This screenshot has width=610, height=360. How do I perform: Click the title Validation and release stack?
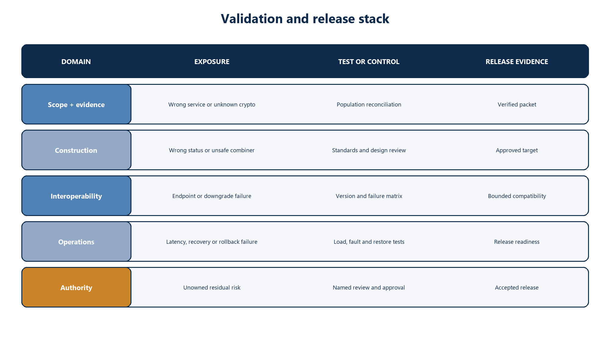click(x=305, y=19)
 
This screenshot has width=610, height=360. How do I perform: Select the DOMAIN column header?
click(x=76, y=62)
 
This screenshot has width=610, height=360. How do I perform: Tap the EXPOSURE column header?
click(x=212, y=62)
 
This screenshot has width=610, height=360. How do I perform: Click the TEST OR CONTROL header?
click(x=369, y=62)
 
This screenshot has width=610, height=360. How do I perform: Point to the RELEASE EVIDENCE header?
click(x=517, y=62)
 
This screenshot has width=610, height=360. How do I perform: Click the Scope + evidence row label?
click(x=76, y=104)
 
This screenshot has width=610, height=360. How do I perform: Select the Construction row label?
click(x=76, y=150)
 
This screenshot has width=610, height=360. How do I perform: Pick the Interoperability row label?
click(x=76, y=196)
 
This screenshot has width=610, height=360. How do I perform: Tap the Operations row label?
click(x=76, y=242)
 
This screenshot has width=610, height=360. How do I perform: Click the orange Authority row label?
click(x=76, y=287)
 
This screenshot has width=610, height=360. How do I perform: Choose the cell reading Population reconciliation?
click(x=369, y=105)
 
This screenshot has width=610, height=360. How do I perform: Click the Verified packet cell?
click(x=517, y=105)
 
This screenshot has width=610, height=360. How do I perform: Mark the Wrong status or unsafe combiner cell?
click(x=212, y=150)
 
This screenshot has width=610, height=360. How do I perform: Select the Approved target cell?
click(x=517, y=150)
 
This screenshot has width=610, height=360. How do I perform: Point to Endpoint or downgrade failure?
click(x=212, y=196)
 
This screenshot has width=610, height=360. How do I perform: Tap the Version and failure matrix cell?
click(x=369, y=196)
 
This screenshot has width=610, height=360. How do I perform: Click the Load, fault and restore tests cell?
click(x=369, y=242)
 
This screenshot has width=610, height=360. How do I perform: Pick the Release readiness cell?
click(x=517, y=242)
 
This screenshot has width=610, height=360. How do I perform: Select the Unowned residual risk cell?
click(x=212, y=288)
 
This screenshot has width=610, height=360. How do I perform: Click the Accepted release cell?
click(x=517, y=288)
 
